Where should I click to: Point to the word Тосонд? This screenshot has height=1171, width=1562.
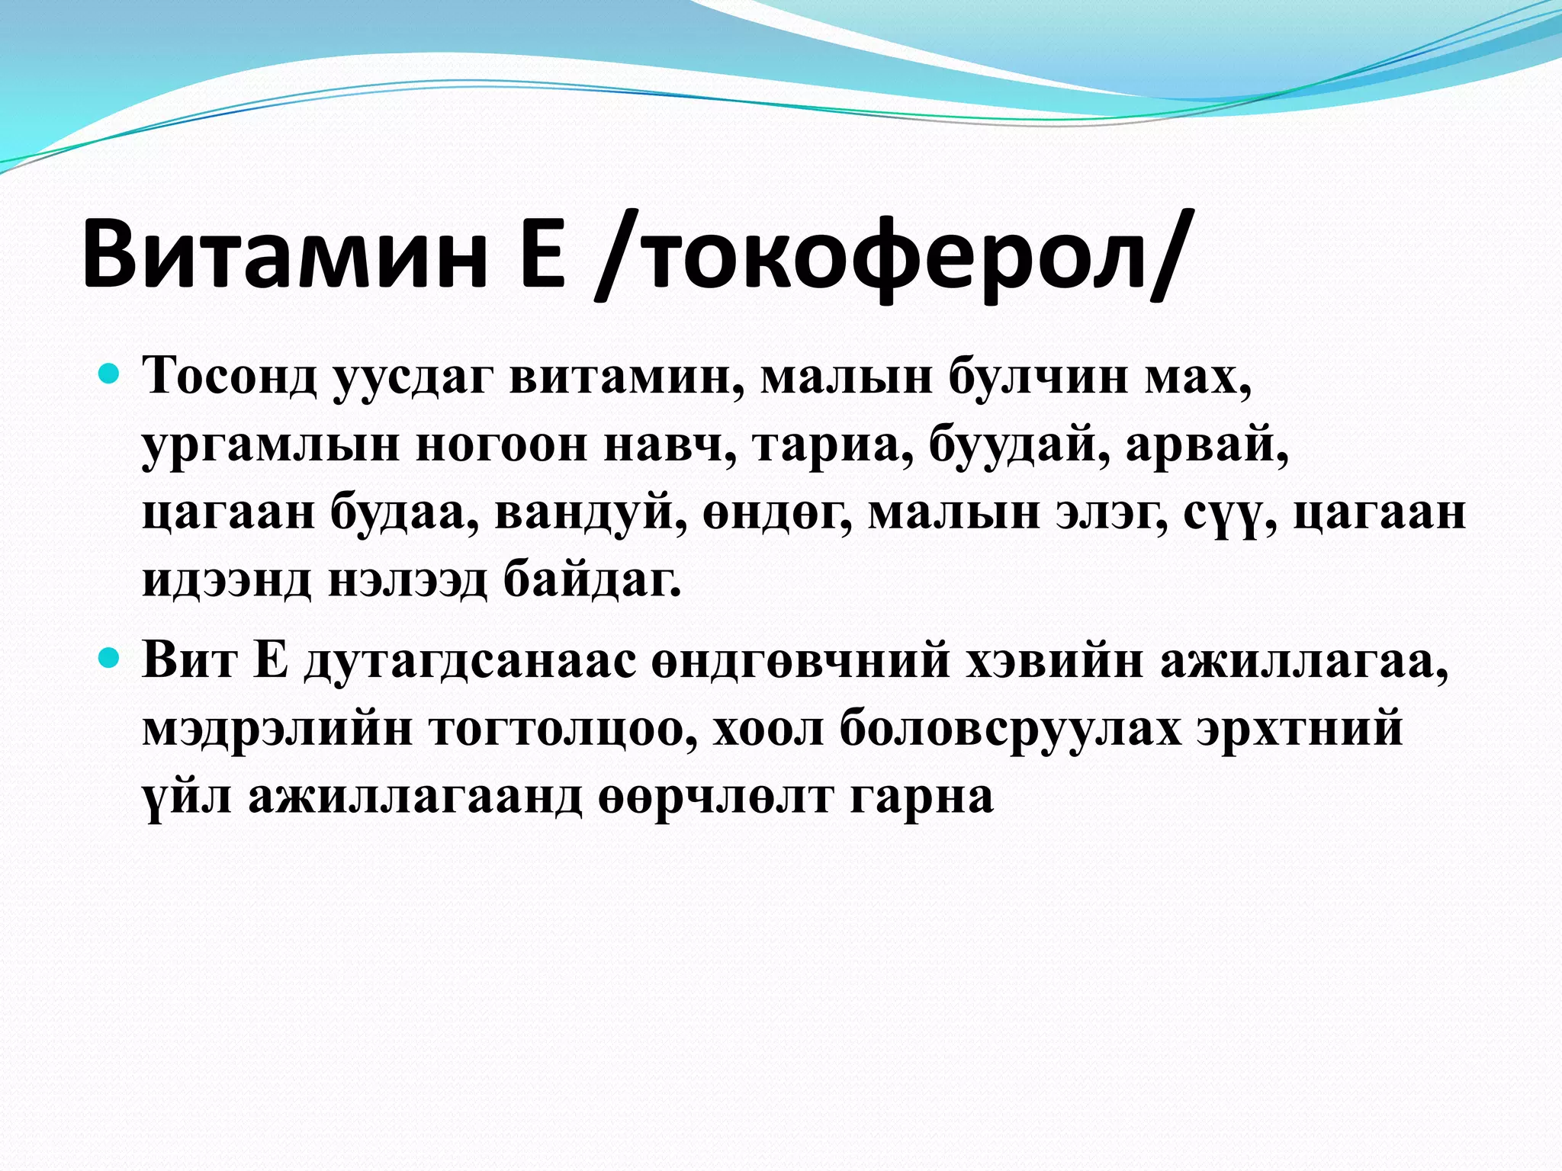tap(230, 377)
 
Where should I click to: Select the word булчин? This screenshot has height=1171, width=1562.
tap(1038, 377)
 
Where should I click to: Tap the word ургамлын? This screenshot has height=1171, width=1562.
tap(271, 446)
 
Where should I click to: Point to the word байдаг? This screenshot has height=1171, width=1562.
tap(591, 582)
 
